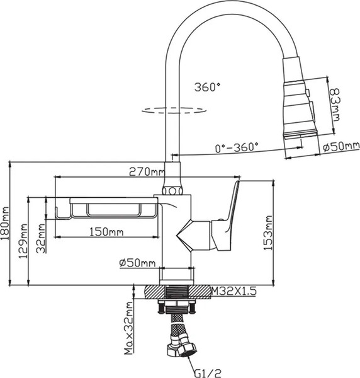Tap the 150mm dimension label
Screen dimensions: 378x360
point(106,232)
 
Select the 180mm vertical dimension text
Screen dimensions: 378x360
point(6,222)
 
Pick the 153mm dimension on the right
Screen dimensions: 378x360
point(267,234)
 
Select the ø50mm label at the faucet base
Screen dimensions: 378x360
point(137,263)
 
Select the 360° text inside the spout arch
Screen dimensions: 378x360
point(208,87)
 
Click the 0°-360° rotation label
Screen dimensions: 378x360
point(236,147)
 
